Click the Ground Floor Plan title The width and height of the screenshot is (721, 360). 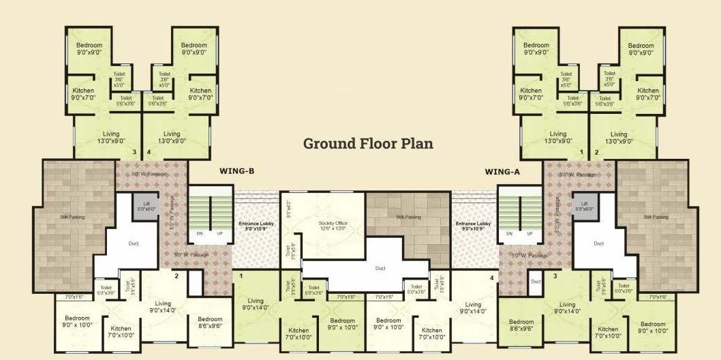click(x=368, y=144)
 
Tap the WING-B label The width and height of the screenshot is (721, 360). click(x=236, y=172)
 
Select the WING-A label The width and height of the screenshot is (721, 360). click(x=503, y=172)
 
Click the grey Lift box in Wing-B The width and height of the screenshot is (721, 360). click(x=147, y=207)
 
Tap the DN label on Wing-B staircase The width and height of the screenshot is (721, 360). click(x=200, y=233)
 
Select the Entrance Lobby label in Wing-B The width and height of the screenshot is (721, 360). click(x=256, y=226)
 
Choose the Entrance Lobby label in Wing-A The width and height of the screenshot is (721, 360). click(x=473, y=226)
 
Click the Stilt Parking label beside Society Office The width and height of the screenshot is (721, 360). click(x=408, y=217)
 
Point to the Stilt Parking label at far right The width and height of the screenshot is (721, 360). click(x=656, y=217)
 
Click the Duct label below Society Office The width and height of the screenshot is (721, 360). click(x=380, y=268)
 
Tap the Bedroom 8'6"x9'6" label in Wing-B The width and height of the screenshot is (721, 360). click(x=210, y=322)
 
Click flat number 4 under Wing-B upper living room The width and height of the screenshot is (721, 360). click(x=148, y=152)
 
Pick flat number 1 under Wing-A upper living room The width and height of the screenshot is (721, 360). click(x=581, y=152)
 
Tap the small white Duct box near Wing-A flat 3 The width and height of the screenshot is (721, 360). click(x=536, y=281)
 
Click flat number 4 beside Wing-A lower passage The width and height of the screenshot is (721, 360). click(x=491, y=276)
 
